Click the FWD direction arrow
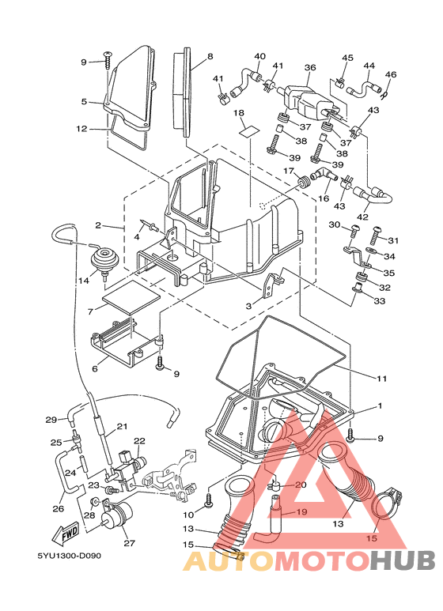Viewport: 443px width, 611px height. pos(70,532)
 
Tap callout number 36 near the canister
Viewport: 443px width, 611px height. pos(309,68)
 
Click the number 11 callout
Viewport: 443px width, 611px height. pos(381,379)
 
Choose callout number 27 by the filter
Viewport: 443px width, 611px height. pos(127,543)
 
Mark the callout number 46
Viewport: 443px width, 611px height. pos(391,74)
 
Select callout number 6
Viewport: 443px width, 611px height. pos(94,368)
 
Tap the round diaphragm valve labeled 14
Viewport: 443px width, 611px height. pos(103,257)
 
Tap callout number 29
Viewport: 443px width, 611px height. pos(51,420)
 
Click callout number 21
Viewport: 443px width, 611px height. pos(122,427)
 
